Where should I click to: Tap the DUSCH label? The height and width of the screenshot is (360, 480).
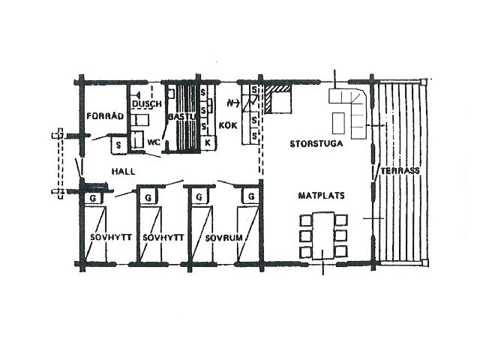click(x=147, y=104)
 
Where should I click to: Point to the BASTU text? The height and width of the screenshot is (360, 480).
click(x=181, y=117)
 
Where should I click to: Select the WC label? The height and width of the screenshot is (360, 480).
click(x=154, y=142)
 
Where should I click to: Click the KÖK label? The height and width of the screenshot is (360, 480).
click(x=228, y=125)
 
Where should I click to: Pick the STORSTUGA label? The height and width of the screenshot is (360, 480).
click(x=316, y=143)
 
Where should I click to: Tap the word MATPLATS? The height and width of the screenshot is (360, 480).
click(x=322, y=195)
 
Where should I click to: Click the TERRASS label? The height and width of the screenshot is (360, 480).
click(x=400, y=170)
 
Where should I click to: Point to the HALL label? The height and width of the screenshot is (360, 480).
click(x=123, y=171)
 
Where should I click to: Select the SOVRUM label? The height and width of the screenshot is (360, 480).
click(x=223, y=238)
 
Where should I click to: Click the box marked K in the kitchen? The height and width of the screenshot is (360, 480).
click(x=208, y=142)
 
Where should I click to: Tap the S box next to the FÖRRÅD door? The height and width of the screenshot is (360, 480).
click(x=118, y=145)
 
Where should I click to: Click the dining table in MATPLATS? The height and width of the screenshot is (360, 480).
click(x=322, y=235)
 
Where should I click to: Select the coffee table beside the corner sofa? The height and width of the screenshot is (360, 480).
click(x=338, y=123)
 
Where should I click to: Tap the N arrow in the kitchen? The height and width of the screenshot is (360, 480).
click(x=233, y=103)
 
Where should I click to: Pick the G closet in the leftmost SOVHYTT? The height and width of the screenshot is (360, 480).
click(x=93, y=198)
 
